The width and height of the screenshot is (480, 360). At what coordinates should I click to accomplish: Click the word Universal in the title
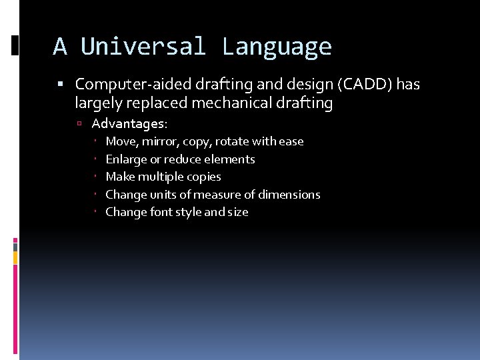[x=144, y=47]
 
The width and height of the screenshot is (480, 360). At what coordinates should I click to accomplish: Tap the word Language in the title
[x=277, y=47]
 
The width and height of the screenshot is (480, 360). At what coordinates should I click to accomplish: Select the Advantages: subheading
[x=130, y=123]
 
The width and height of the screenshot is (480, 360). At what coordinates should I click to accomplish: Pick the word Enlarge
[x=126, y=159]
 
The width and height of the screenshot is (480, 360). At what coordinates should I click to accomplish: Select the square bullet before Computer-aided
[x=60, y=84]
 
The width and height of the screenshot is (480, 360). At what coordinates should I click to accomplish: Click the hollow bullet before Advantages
[x=79, y=123]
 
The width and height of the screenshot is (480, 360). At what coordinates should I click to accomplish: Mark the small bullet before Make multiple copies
[x=97, y=177]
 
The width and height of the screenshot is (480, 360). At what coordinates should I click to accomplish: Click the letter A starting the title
[x=60, y=47]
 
